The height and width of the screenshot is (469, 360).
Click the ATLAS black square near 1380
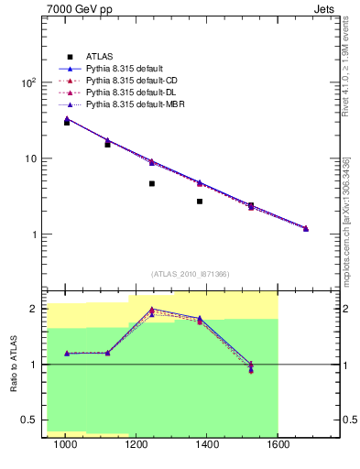200,201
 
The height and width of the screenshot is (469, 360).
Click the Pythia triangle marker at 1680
306,228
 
